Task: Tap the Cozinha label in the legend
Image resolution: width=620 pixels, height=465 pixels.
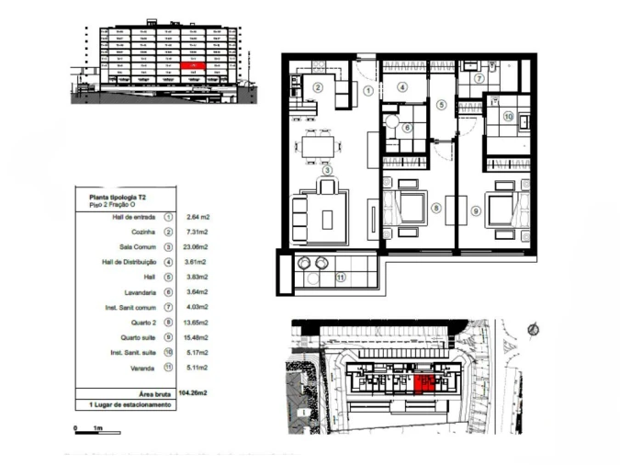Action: click(x=142, y=232)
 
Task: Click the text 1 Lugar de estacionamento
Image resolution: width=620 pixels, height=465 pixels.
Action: click(x=130, y=404)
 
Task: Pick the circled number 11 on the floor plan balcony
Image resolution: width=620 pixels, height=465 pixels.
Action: click(x=339, y=276)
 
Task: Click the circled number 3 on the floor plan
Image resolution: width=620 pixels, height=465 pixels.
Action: click(x=325, y=169)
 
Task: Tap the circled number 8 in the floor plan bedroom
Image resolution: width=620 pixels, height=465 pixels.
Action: click(x=436, y=209)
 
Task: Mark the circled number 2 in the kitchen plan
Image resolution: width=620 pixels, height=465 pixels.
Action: click(x=318, y=87)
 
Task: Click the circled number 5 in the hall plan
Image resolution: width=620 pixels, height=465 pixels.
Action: click(x=441, y=106)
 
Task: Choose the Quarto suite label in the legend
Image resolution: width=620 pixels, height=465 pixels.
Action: click(x=137, y=336)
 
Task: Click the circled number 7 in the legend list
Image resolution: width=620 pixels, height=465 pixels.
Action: click(x=168, y=307)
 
